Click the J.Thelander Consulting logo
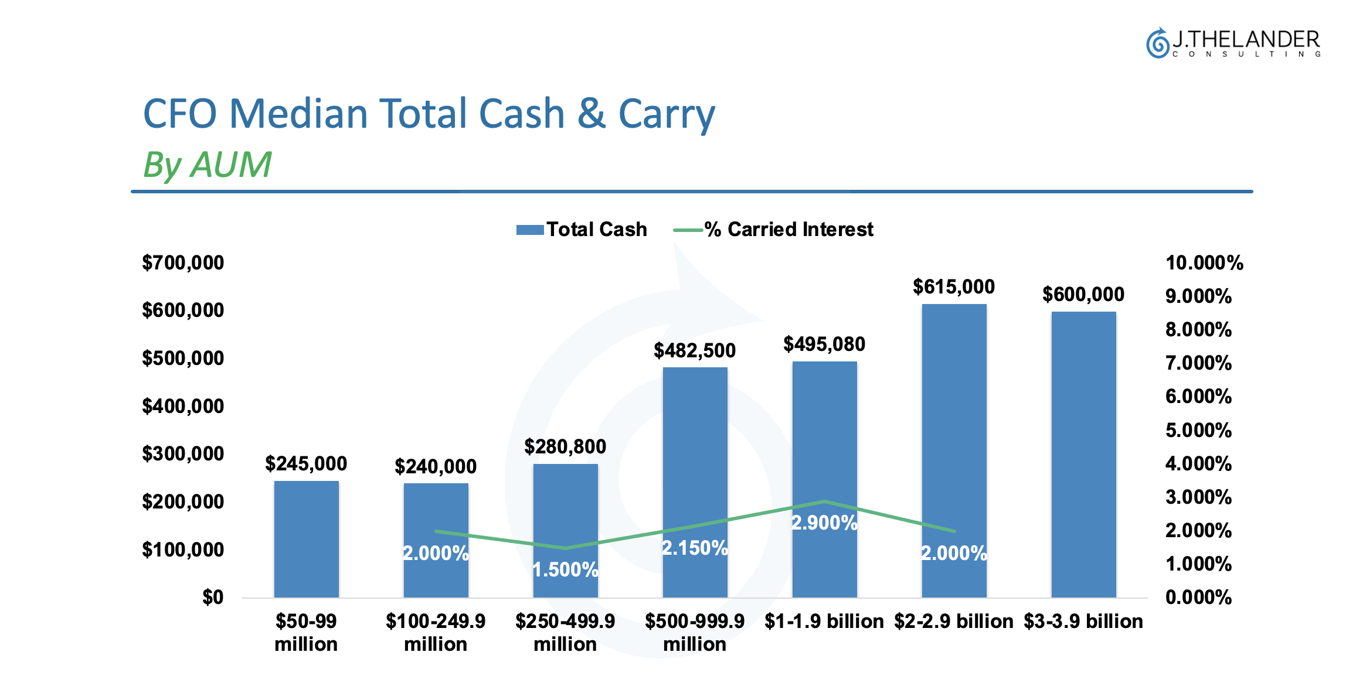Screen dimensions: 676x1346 [1233, 43]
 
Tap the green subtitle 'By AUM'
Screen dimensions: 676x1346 [207, 165]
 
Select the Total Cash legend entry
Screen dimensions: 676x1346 [582, 229]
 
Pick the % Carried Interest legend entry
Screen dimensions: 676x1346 [773, 229]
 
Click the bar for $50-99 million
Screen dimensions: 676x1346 [306, 539]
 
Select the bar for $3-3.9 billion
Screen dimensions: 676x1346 [1083, 454]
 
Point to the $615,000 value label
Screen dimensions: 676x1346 [954, 286]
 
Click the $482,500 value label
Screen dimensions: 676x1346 [695, 350]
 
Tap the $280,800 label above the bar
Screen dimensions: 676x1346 [565, 446]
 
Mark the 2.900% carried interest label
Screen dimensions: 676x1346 [824, 523]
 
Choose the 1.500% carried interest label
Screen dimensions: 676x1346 [565, 569]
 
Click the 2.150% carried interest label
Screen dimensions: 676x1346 [695, 548]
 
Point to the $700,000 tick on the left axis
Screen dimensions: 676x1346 [183, 262]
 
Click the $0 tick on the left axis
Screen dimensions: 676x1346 [213, 597]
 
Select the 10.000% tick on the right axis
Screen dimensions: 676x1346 [1204, 262]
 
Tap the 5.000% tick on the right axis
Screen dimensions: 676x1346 [1198, 430]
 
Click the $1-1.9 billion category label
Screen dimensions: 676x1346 [824, 621]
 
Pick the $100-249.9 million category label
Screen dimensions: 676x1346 [436, 632]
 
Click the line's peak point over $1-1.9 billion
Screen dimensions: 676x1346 [825, 501]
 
